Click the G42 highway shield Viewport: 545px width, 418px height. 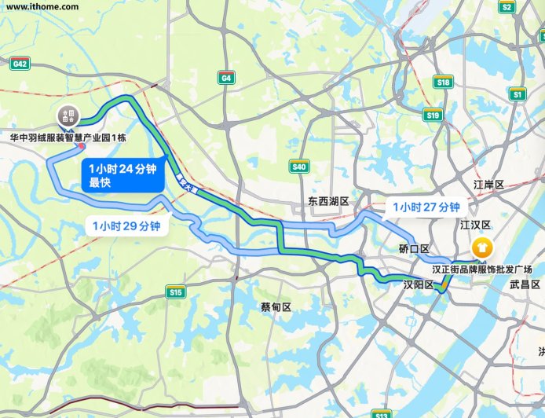(20, 63)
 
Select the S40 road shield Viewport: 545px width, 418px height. (298, 167)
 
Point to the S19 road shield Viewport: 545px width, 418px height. (432, 115)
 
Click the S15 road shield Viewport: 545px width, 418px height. (175, 292)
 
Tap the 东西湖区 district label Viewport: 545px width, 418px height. (327, 202)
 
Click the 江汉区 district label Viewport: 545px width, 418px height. (474, 225)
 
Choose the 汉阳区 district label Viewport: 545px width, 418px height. (418, 284)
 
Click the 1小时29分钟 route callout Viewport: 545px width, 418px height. (126, 226)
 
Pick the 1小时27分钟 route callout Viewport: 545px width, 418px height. (426, 207)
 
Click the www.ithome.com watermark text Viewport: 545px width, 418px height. (42, 7)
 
